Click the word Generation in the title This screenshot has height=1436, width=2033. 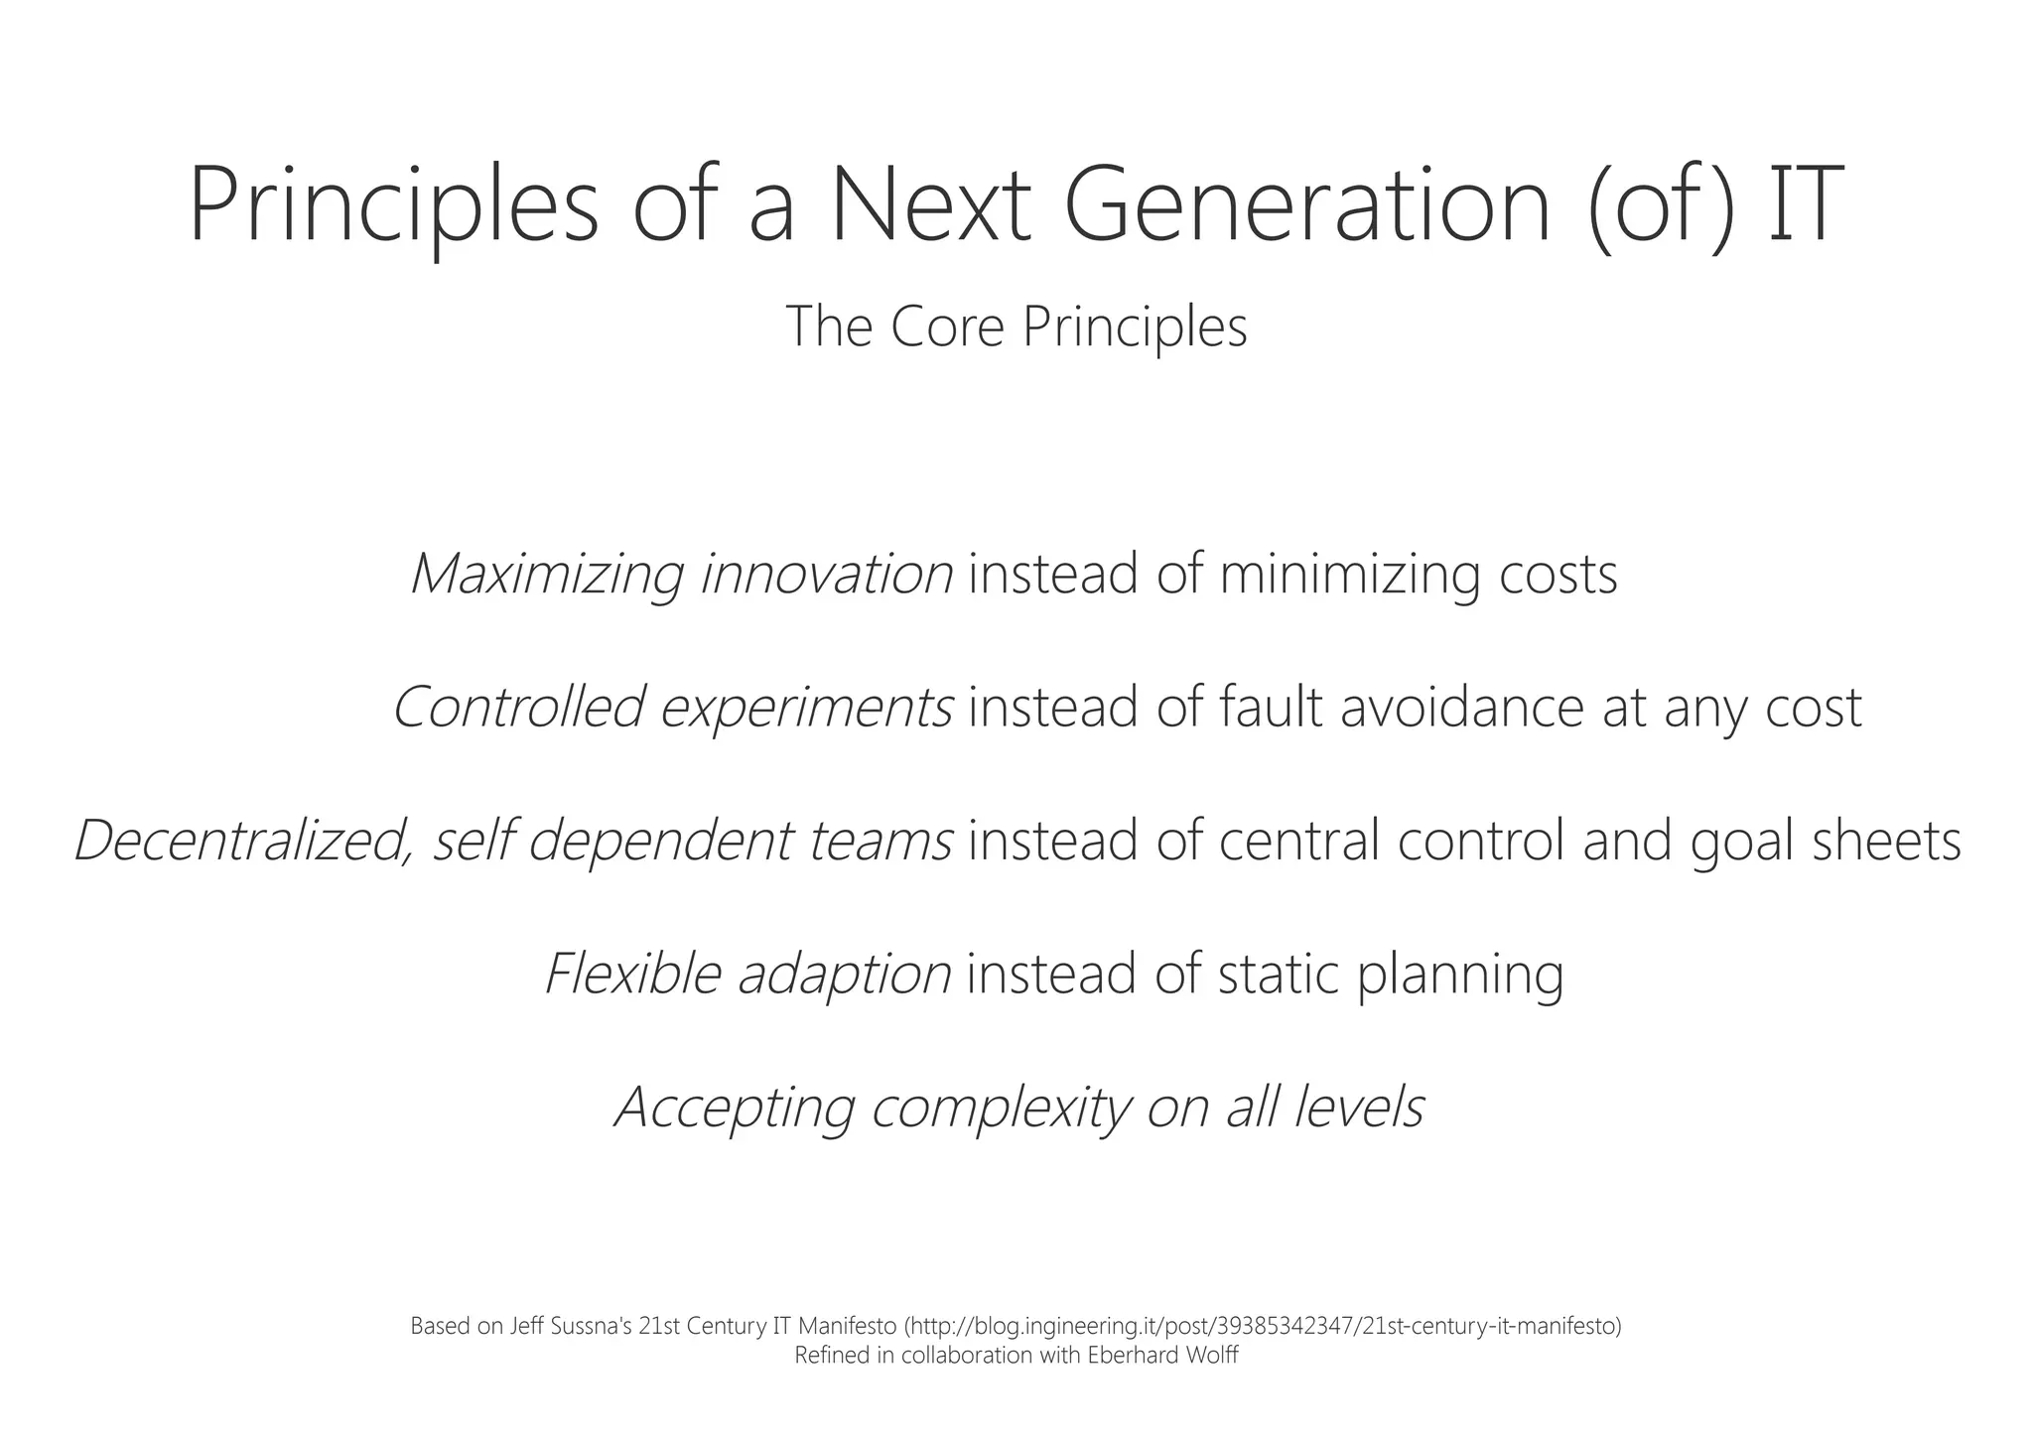[x=1306, y=205]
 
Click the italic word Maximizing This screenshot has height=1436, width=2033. [x=547, y=574]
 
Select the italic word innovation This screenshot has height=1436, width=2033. [x=827, y=574]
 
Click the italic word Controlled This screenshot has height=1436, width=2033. [x=518, y=707]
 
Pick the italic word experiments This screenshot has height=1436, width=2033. [x=807, y=707]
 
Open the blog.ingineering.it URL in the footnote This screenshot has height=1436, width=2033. [x=1266, y=1326]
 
